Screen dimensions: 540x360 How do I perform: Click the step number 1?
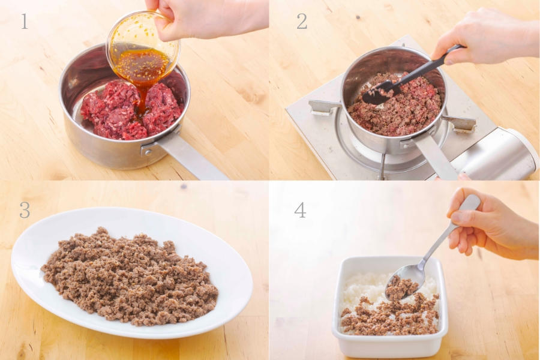point(24,22)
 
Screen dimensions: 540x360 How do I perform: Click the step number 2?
point(302,22)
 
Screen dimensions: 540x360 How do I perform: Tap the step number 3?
point(25,210)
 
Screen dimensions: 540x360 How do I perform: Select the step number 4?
point(300,210)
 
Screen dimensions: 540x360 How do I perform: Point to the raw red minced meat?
point(131,110)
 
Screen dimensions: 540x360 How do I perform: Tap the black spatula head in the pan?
point(379,93)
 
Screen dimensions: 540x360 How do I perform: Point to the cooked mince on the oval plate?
point(129,277)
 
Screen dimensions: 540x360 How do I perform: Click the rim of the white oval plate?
point(132,332)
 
